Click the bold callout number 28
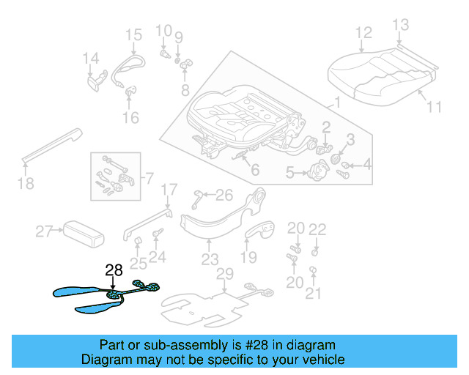point(114,270)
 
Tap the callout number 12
point(363,32)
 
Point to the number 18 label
point(26,183)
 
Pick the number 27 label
point(45,232)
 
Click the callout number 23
point(210,259)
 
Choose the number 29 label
point(225,274)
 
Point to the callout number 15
point(133,34)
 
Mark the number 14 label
point(90,59)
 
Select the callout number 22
point(317,229)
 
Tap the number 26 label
point(224,195)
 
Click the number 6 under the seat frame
point(254,171)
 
